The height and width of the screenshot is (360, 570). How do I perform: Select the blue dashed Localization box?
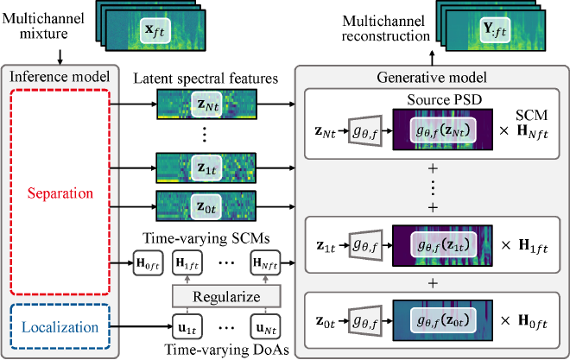[x=60, y=328]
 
